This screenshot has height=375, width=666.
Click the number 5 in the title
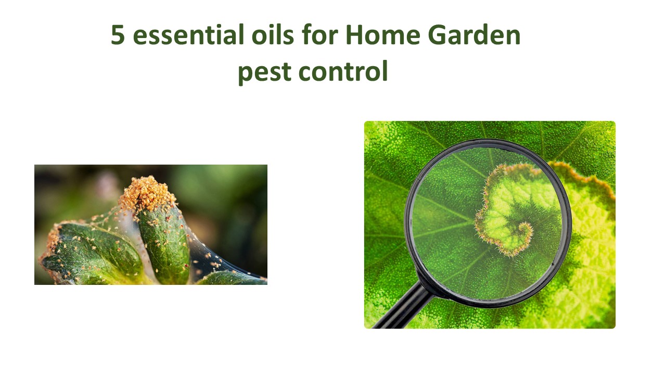click(118, 36)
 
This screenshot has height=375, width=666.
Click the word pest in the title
click(264, 72)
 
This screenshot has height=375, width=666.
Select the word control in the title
click(343, 72)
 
